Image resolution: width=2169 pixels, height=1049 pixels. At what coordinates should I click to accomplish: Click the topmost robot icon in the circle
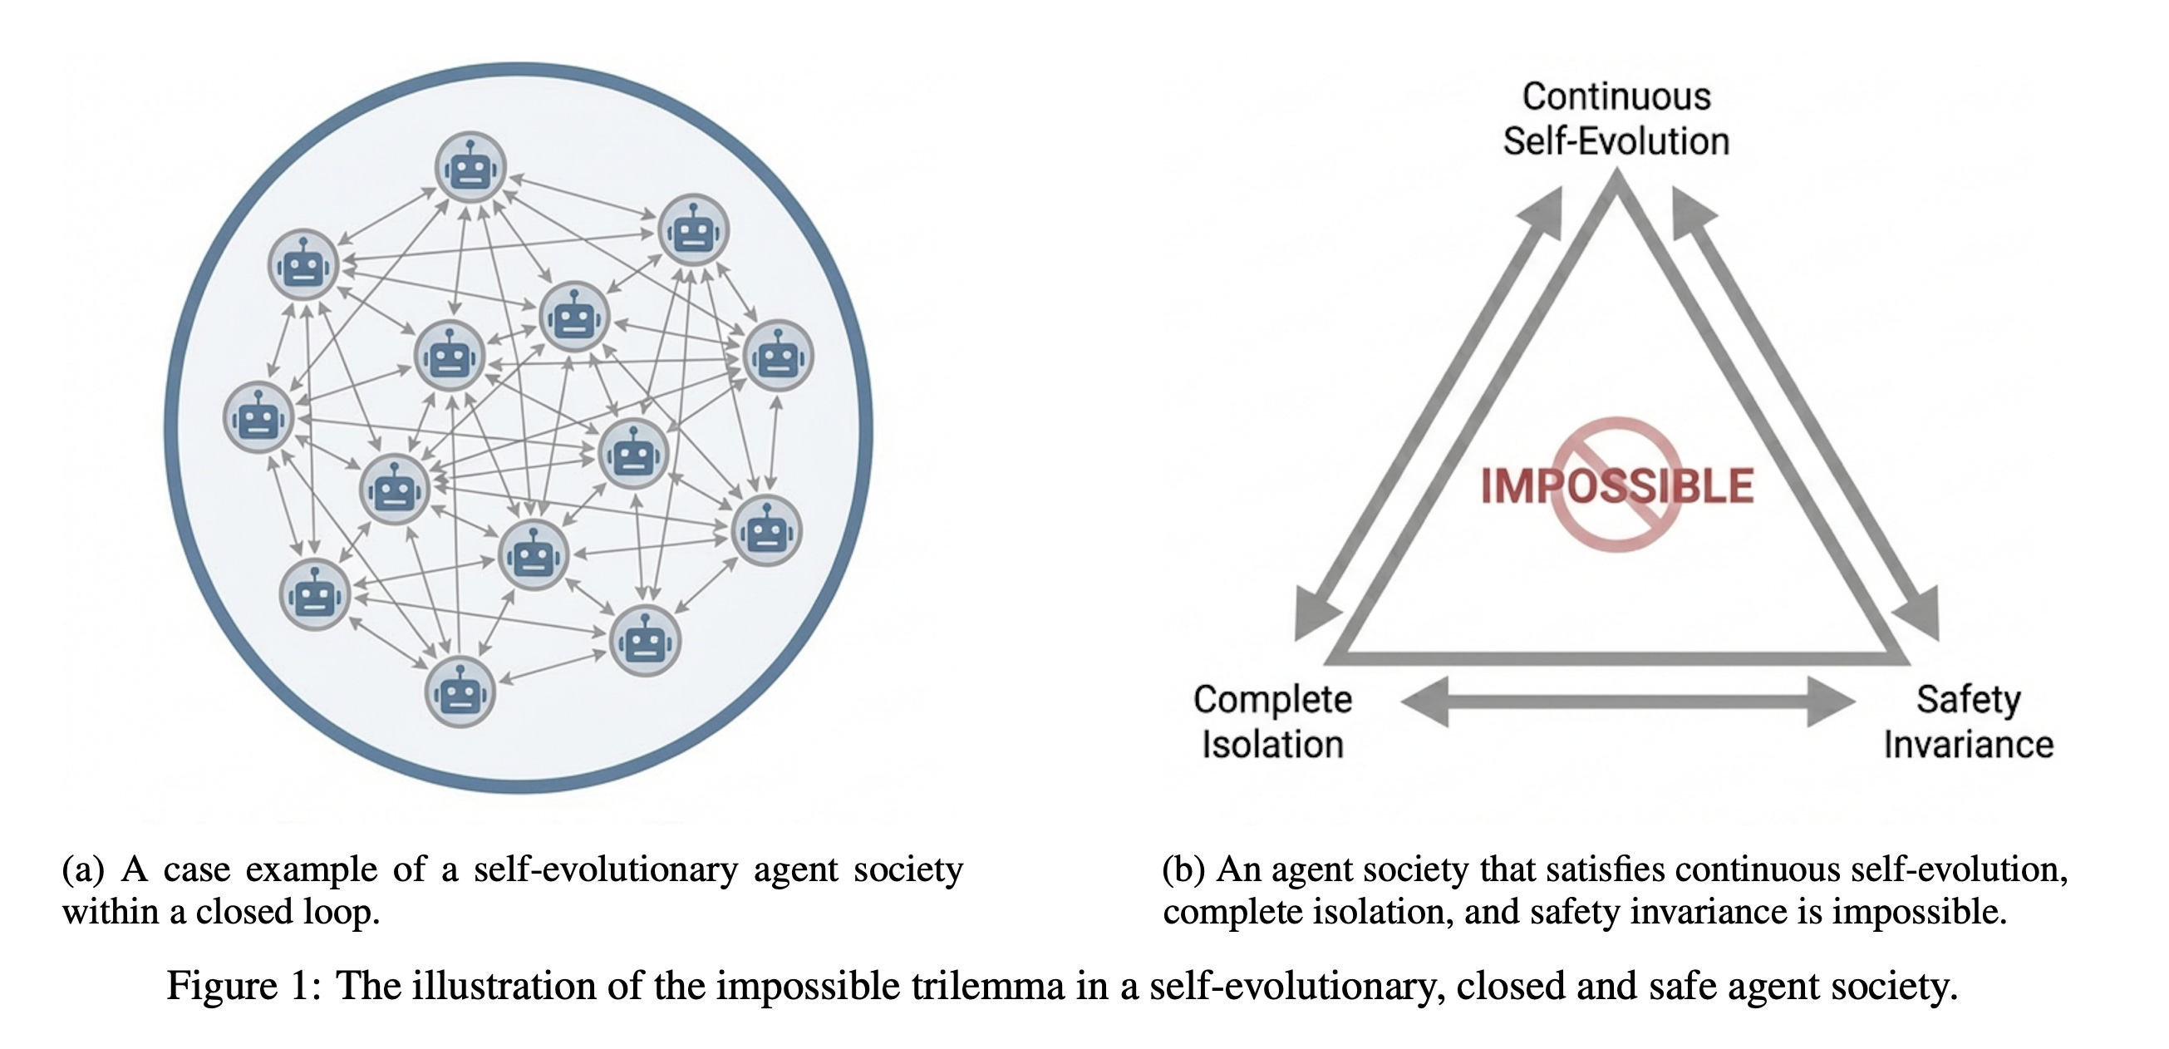[x=470, y=168]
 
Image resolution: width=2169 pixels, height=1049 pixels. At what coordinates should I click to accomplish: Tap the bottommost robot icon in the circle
[x=459, y=692]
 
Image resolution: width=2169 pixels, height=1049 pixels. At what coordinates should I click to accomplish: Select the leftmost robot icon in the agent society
[x=258, y=417]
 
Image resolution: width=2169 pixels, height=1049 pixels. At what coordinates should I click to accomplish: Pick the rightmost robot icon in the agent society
[x=778, y=356]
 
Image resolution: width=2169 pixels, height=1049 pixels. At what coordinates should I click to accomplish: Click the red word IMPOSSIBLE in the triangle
[x=1616, y=486]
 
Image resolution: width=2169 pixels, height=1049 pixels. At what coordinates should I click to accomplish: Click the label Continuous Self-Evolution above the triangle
[x=1616, y=119]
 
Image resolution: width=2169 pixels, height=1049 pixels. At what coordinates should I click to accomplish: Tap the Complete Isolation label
[x=1272, y=721]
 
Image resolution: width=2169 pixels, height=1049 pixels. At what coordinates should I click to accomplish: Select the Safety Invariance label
[x=1969, y=721]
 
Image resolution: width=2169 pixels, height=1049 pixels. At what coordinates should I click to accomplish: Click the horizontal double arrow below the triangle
[x=1627, y=701]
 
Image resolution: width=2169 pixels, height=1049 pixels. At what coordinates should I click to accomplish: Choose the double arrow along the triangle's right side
[x=1806, y=412]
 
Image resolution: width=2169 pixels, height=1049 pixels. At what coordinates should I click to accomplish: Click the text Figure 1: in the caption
[x=243, y=986]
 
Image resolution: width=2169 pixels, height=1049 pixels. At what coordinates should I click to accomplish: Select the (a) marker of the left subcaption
[x=82, y=869]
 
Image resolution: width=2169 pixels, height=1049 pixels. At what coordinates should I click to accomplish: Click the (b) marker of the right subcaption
[x=1183, y=869]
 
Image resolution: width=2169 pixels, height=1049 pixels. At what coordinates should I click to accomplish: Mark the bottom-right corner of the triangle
[x=1905, y=659]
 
